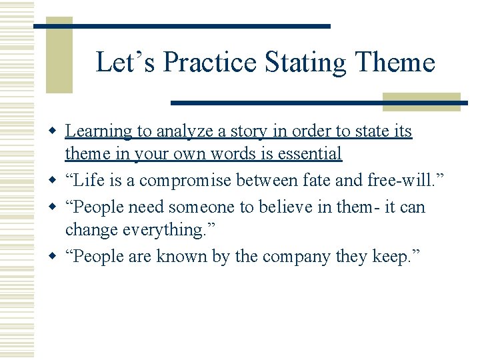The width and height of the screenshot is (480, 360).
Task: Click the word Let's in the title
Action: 126,63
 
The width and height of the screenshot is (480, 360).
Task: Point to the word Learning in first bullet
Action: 98,132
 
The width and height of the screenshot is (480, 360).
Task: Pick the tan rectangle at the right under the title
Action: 421,101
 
